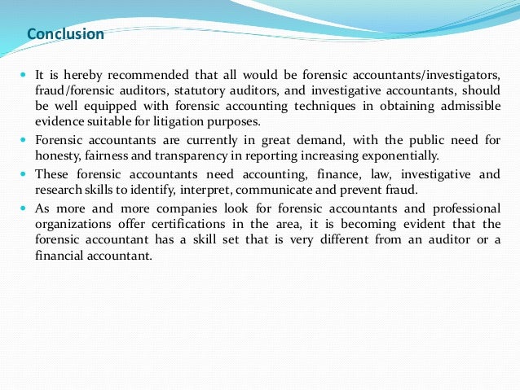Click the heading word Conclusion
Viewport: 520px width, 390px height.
[65, 34]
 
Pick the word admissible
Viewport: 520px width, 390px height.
[462, 107]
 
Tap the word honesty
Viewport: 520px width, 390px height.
[58, 156]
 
